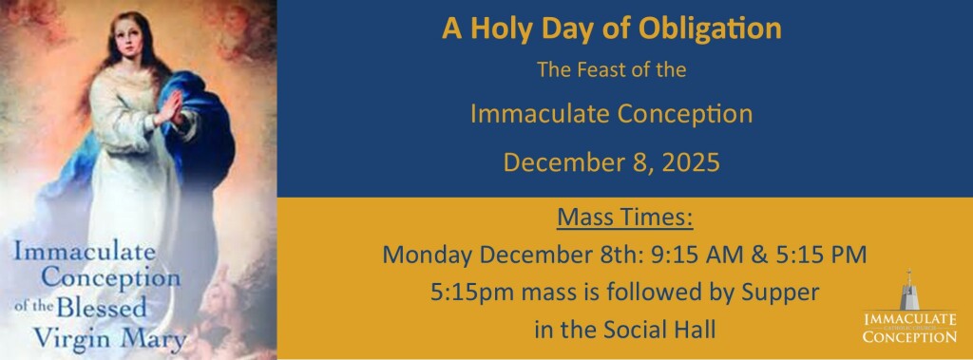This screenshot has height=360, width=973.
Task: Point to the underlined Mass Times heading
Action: (624, 218)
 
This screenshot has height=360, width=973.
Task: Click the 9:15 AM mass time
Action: (698, 255)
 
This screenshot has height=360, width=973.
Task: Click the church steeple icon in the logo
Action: (909, 290)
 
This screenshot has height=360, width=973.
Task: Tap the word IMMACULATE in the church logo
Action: (909, 319)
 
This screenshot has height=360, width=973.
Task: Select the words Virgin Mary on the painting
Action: (110, 338)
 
